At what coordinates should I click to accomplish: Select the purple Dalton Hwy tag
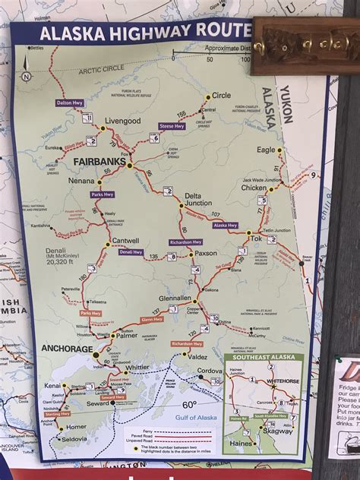(x=69, y=101)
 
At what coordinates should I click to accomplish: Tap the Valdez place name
(x=197, y=356)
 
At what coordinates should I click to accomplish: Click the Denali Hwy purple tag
(x=130, y=251)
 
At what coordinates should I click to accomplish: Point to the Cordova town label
(x=209, y=371)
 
